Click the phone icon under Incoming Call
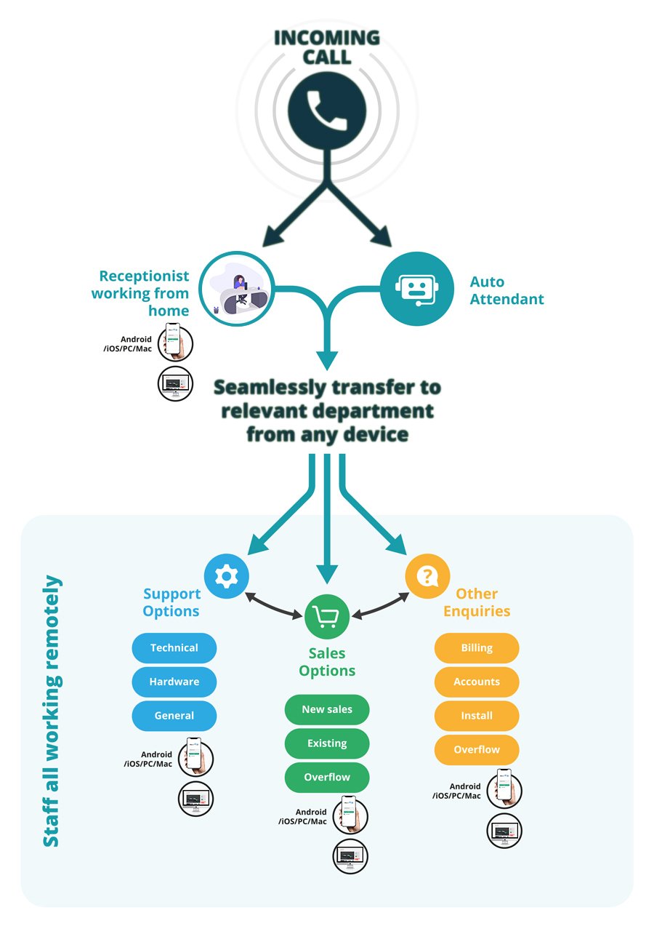coord(326,110)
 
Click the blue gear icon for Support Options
coord(227,576)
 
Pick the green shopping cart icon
coord(327,617)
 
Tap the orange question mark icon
coord(427,576)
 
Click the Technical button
coord(174,648)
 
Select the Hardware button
coord(174,682)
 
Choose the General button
coord(174,716)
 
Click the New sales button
coord(327,710)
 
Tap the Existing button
coord(327,743)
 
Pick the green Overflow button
coord(327,778)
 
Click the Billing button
coord(477,648)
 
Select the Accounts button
coord(477,682)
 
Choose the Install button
coord(477,716)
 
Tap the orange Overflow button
coord(477,750)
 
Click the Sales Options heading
coord(327,661)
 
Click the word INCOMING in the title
coord(327,37)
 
